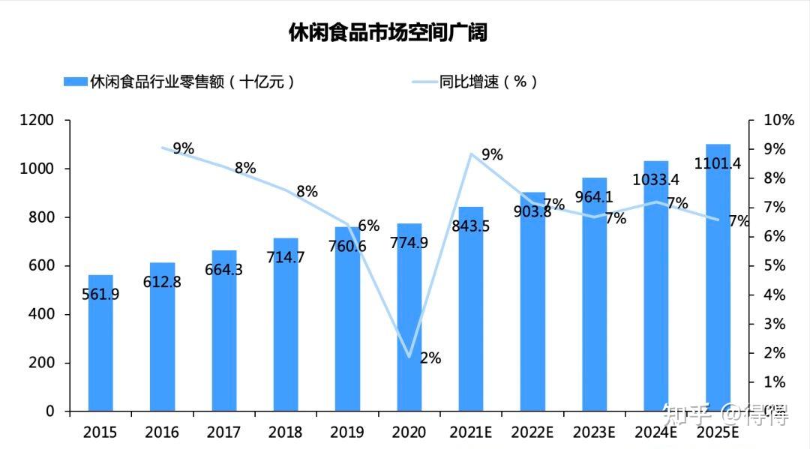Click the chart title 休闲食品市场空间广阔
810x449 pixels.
tap(388, 32)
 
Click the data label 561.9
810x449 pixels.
tap(100, 295)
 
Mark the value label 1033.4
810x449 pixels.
tap(656, 180)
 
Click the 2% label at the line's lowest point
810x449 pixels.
tap(430, 358)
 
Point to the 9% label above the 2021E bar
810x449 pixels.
tap(492, 155)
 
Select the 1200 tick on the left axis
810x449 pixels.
tap(37, 120)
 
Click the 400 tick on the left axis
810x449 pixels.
tap(42, 314)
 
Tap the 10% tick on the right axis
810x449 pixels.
tap(778, 120)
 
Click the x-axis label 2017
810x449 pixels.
tap(223, 433)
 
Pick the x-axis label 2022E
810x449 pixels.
tap(532, 433)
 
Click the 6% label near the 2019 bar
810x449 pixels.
tap(368, 226)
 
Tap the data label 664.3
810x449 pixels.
tap(223, 270)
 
